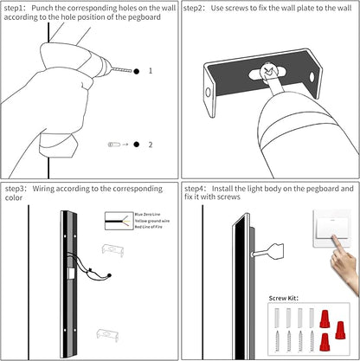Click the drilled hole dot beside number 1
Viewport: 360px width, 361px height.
click(136, 71)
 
